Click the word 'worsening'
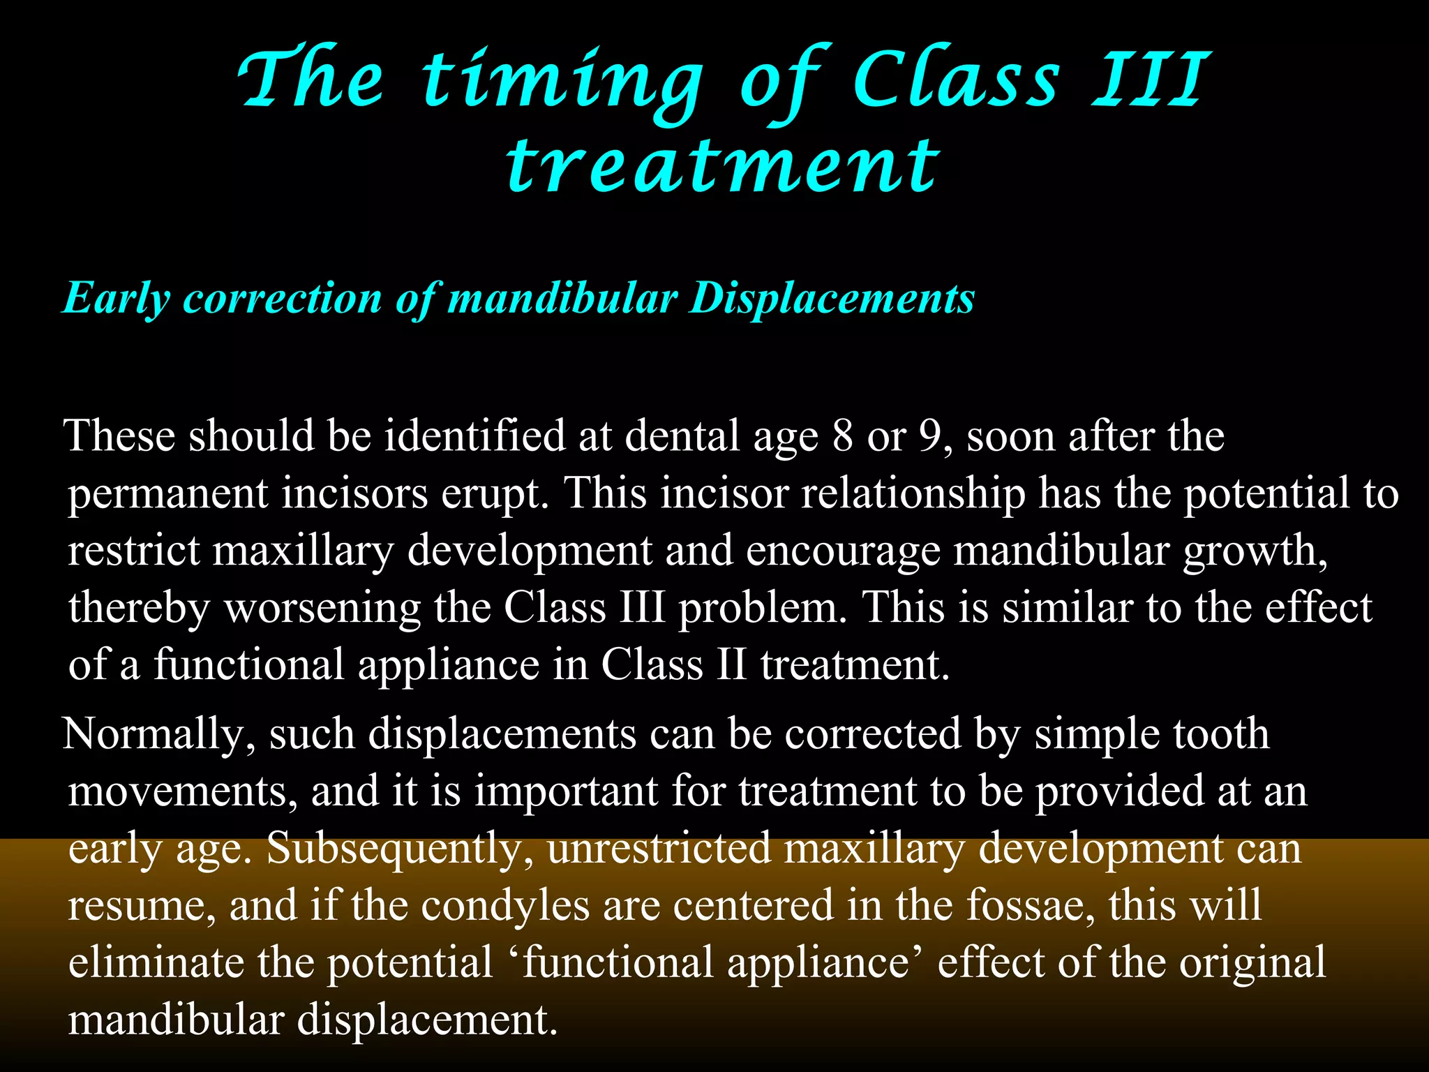click(322, 607)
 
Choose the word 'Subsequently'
click(401, 849)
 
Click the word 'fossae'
click(1031, 905)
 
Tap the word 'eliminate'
click(156, 962)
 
